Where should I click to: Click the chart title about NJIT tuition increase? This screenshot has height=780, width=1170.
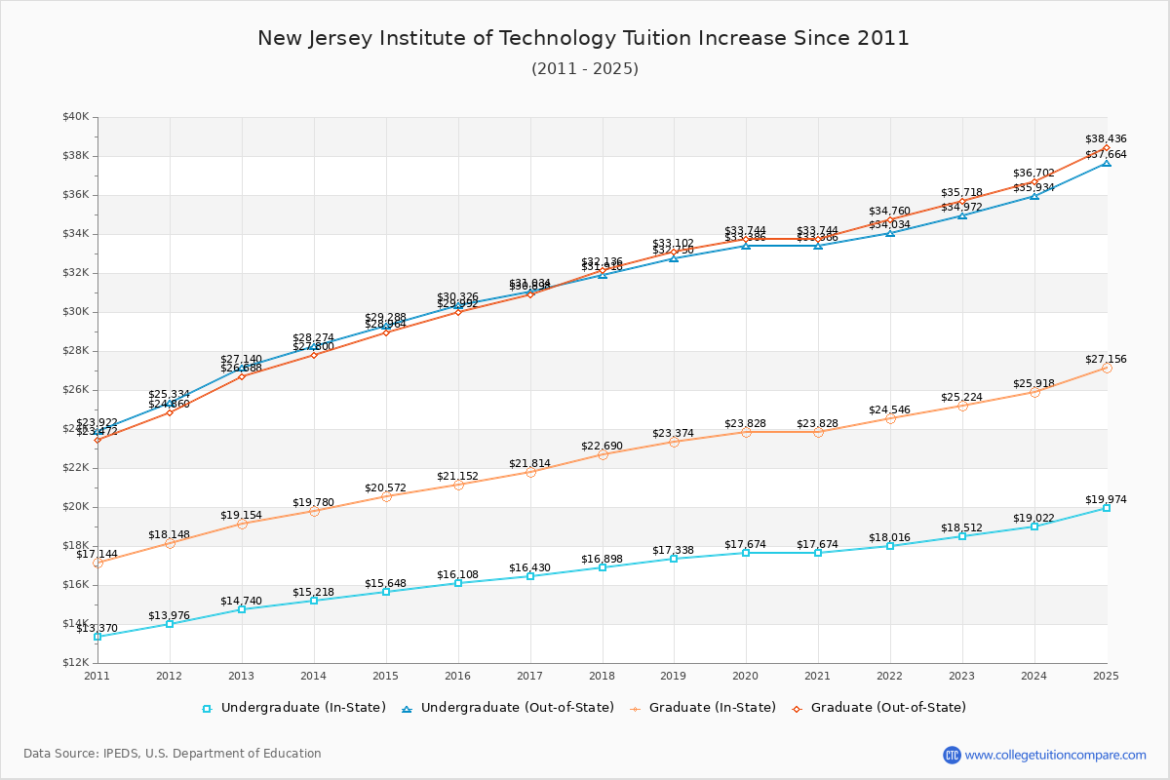(x=583, y=38)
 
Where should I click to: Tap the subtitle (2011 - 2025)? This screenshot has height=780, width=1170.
(x=584, y=69)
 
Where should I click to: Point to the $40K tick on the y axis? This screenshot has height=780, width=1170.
(x=76, y=117)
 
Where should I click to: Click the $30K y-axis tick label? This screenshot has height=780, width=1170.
(x=76, y=312)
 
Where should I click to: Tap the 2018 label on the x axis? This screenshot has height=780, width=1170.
(x=602, y=675)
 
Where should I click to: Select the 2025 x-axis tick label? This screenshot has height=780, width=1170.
(x=1106, y=675)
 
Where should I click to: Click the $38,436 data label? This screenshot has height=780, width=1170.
(x=1106, y=138)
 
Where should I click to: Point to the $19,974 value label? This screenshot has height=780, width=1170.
(x=1106, y=499)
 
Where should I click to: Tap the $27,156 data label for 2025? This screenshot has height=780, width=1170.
(x=1106, y=359)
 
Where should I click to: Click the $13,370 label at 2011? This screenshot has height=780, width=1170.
(x=97, y=628)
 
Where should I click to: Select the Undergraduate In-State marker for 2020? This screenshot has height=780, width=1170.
(x=746, y=553)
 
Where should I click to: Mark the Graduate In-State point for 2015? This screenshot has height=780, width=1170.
(x=386, y=496)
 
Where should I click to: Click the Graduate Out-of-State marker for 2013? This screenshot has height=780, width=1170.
(x=242, y=376)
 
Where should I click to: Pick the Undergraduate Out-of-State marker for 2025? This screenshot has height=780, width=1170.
(x=1107, y=163)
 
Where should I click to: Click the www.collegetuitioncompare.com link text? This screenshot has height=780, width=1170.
(x=1055, y=755)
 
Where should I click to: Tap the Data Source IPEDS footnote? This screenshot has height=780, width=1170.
(x=173, y=754)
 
